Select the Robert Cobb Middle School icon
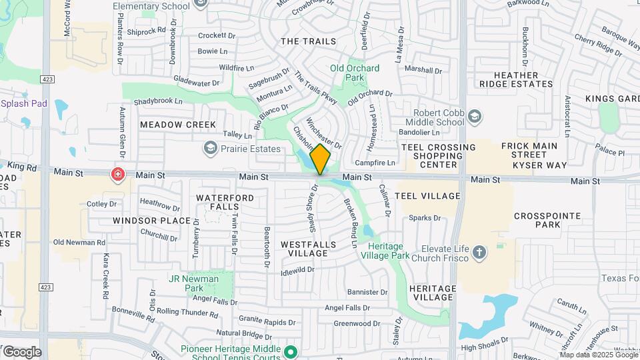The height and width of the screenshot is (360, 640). click(x=474, y=117)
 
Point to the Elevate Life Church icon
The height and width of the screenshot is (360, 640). click(x=479, y=252)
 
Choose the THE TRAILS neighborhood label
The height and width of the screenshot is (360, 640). click(x=309, y=41)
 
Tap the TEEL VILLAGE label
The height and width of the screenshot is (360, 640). click(x=427, y=196)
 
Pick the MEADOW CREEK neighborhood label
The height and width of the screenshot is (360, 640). click(x=178, y=125)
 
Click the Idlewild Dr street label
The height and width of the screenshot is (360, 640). click(x=297, y=269)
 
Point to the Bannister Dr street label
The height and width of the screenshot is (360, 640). click(x=363, y=291)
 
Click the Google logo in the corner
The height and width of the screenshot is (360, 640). click(x=22, y=351)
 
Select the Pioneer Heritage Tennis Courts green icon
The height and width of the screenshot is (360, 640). click(x=290, y=351)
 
